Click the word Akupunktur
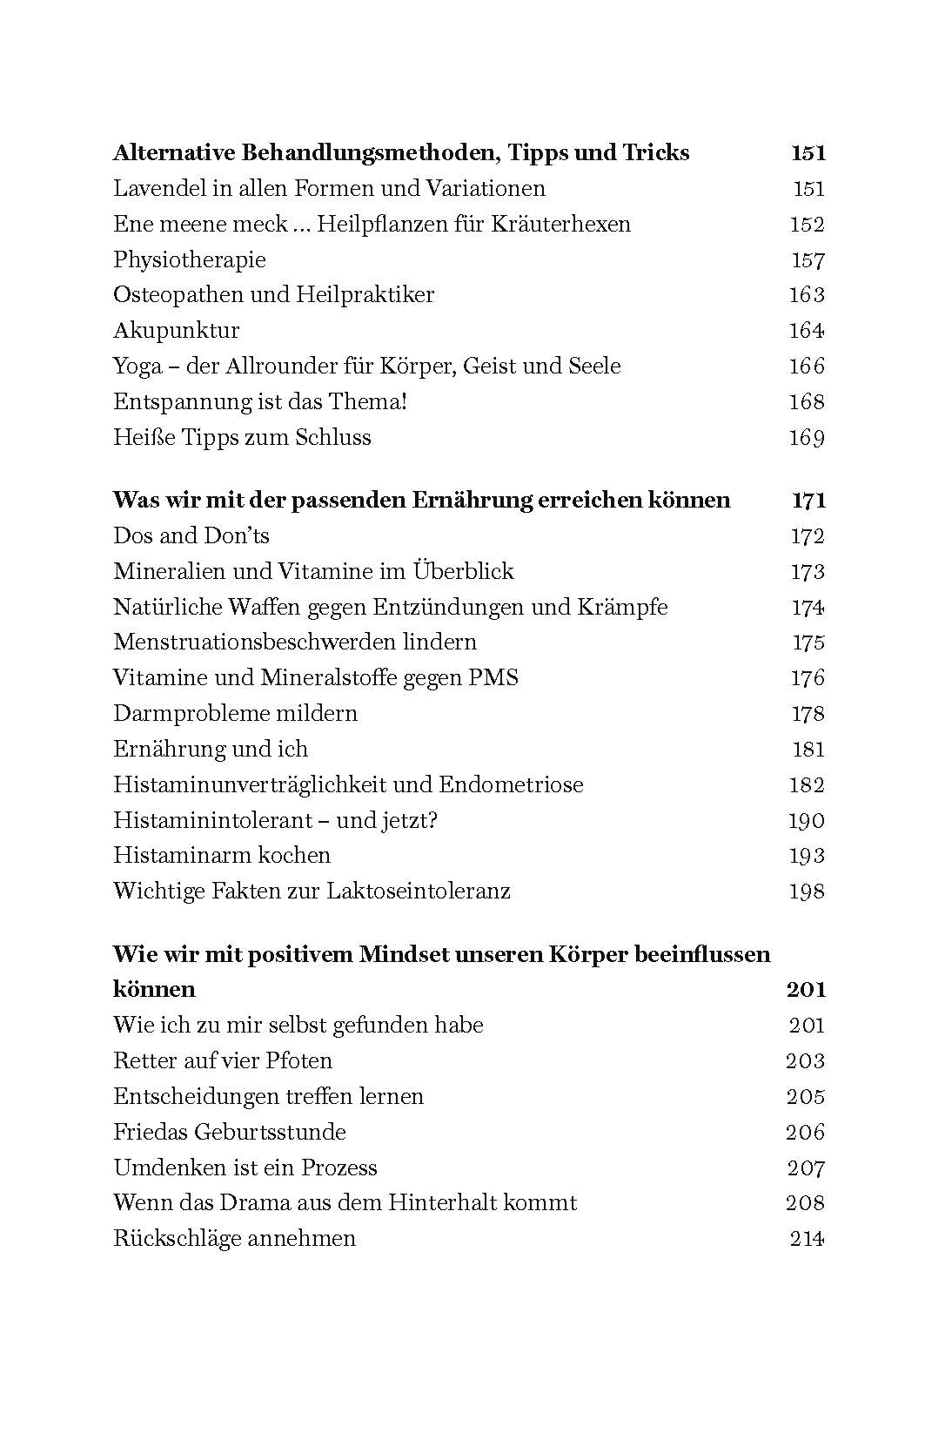(x=176, y=331)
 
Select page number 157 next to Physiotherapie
(x=807, y=259)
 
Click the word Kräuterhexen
(x=560, y=224)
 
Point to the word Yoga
(x=137, y=367)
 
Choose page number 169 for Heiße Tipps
(x=807, y=437)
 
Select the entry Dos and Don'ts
(x=191, y=535)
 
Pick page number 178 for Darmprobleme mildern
(x=807, y=713)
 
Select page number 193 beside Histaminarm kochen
(x=807, y=855)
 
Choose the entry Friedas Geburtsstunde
(x=229, y=1132)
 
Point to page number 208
(x=805, y=1202)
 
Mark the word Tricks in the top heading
(x=655, y=152)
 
